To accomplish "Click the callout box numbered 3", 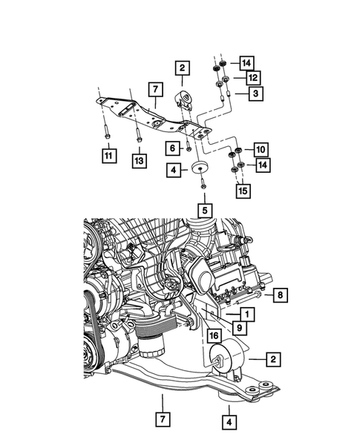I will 255,93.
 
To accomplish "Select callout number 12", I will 252,77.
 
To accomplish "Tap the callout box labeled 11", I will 109,156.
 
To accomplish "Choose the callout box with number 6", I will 171,148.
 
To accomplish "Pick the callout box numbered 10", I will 261,150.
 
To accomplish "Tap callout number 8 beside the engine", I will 280,295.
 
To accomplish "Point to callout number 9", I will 240,326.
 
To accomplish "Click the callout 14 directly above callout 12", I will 246,62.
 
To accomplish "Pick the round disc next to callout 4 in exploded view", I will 200,169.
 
